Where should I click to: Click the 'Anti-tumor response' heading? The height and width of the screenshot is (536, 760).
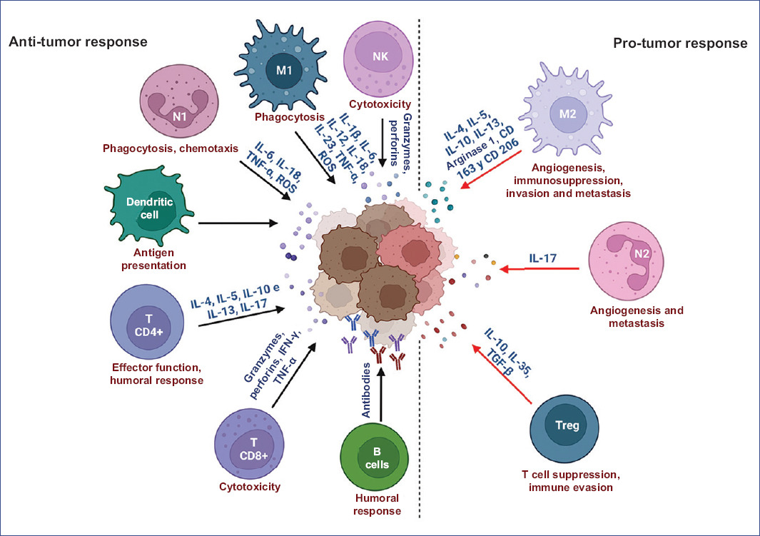tap(77, 41)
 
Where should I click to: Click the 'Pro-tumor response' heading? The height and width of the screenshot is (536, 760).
tap(680, 44)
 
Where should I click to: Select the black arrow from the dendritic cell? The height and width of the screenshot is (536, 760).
tap(238, 223)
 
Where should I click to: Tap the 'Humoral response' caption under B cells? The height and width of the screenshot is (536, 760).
tap(377, 505)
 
